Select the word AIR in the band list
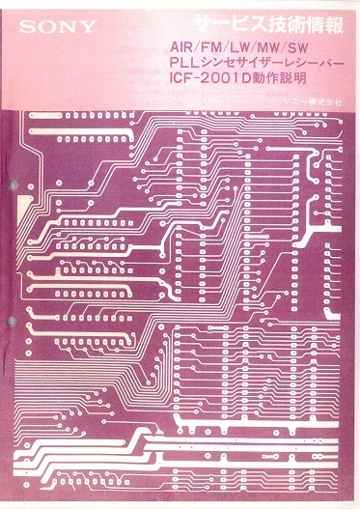pos(180,47)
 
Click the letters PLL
pos(180,64)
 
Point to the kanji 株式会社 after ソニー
pos(325,100)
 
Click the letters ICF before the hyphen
pos(183,80)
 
